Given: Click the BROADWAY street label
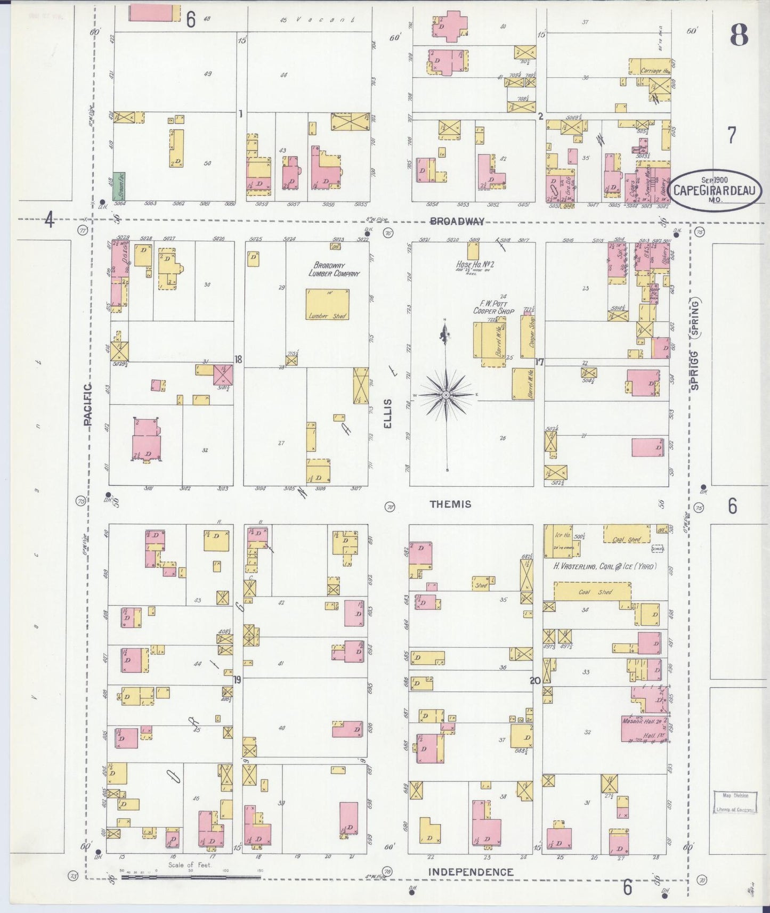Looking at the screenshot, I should click(457, 222).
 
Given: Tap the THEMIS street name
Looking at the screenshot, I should click(450, 504).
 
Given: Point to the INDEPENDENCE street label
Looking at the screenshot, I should click(471, 872).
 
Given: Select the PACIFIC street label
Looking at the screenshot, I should click(88, 404).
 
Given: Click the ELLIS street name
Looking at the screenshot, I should click(388, 413).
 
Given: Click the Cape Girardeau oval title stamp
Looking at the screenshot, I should click(715, 190).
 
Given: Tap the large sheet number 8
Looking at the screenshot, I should click(739, 36).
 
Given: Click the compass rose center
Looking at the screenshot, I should click(446, 395).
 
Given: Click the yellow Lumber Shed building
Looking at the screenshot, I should click(327, 305).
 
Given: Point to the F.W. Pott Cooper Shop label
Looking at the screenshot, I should click(494, 307).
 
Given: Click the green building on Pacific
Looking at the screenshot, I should click(119, 186).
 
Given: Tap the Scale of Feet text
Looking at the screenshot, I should click(190, 865).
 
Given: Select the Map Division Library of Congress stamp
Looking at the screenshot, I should click(735, 802).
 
